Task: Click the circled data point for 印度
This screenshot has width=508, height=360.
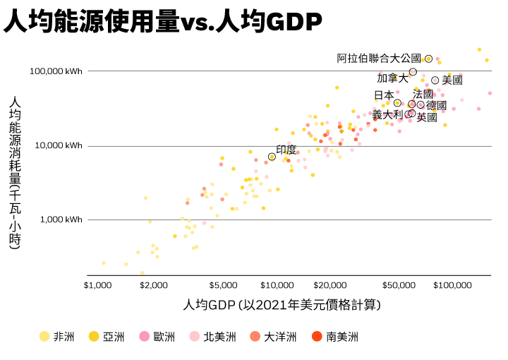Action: click(x=272, y=157)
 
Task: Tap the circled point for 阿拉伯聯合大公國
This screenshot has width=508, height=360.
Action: click(x=428, y=59)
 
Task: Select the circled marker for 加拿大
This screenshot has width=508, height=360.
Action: click(x=413, y=72)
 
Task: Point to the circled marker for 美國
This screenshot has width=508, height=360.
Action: click(x=435, y=80)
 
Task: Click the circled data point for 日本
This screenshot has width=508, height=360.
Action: click(x=397, y=103)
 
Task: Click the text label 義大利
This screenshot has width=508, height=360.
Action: click(x=387, y=114)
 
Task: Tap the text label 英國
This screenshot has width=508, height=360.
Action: click(x=427, y=117)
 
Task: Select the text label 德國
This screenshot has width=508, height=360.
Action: click(x=436, y=105)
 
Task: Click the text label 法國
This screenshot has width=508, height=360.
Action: click(x=423, y=94)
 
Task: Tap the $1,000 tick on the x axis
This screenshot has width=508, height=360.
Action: click(x=97, y=285)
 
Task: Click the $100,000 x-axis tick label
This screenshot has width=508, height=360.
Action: click(x=452, y=285)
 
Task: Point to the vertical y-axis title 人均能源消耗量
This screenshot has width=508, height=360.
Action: click(x=15, y=173)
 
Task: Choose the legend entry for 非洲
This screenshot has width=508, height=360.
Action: click(x=56, y=337)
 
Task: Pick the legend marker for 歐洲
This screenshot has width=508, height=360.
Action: click(x=145, y=337)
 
